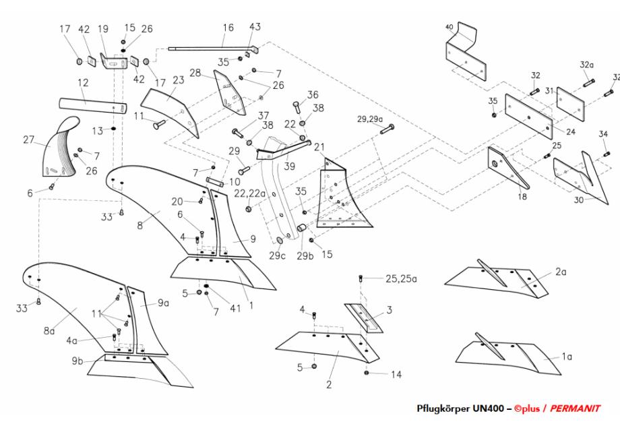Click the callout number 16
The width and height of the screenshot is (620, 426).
(228, 28)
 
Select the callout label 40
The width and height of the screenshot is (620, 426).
(449, 28)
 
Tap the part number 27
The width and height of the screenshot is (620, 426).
(28, 141)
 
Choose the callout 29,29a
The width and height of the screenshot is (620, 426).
(370, 119)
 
